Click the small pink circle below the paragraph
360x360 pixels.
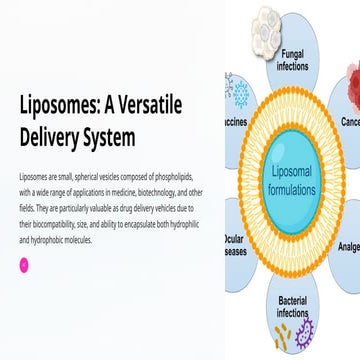coord(24,264)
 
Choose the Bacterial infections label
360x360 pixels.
coord(292,308)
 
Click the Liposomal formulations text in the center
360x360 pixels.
coord(293,182)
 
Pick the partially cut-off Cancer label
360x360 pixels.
coord(350,121)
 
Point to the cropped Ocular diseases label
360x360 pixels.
coord(235,246)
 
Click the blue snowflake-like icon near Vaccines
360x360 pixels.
coord(240,93)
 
